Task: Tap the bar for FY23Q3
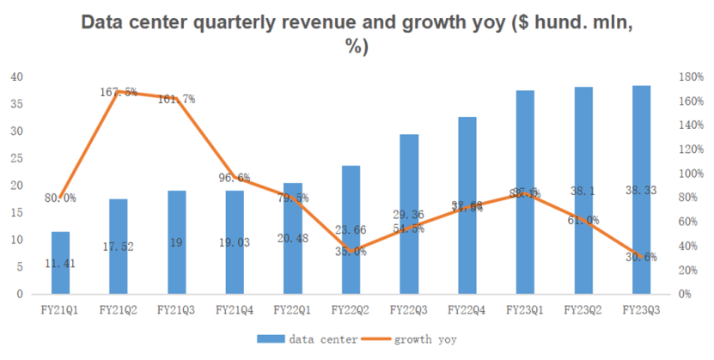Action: point(641,189)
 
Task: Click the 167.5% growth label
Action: point(119,92)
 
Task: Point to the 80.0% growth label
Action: point(59,198)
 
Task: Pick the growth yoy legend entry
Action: point(417,339)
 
